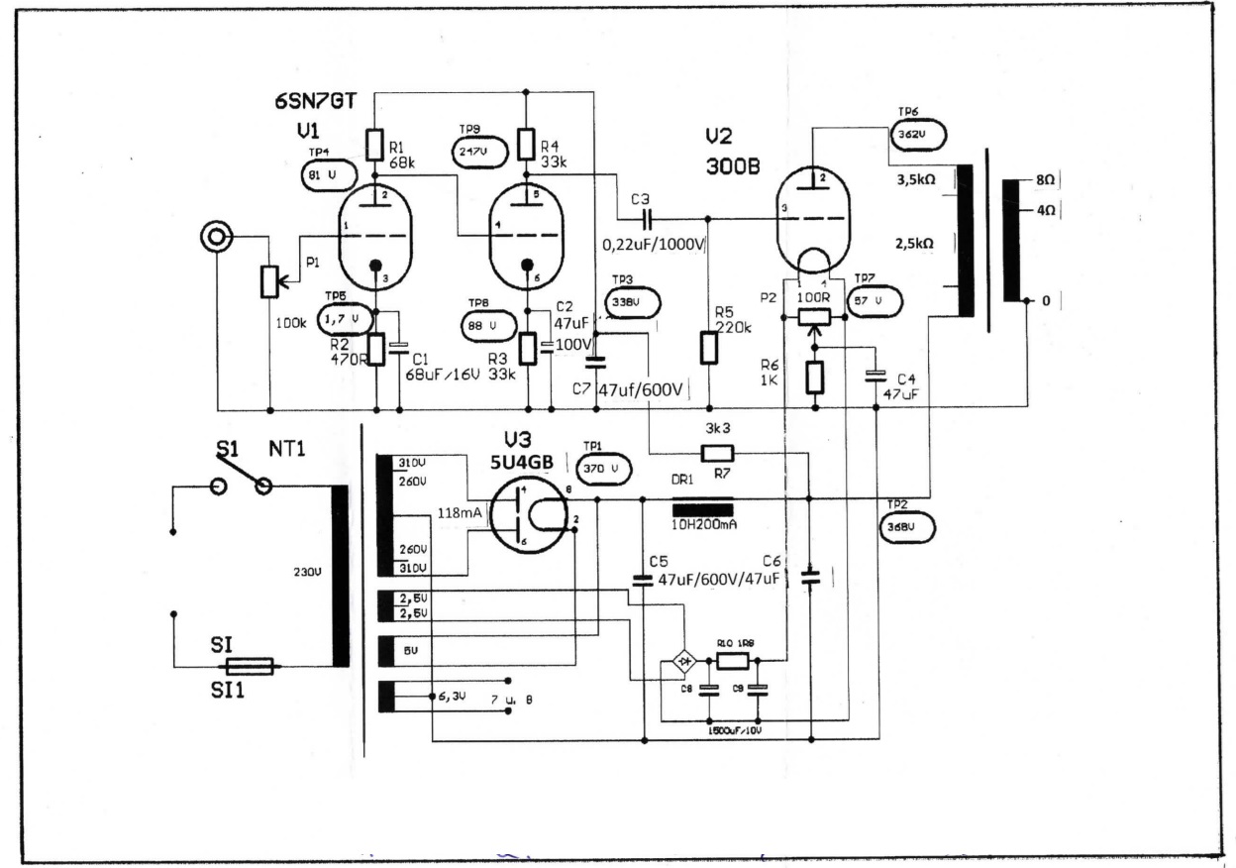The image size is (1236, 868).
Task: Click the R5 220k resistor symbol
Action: tap(709, 348)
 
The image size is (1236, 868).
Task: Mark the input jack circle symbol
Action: tap(216, 238)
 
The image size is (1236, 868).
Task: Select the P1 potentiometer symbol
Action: tap(268, 281)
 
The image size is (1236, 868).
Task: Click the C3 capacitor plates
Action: tap(647, 218)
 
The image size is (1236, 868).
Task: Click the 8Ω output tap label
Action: tap(1044, 181)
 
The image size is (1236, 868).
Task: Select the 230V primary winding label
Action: tap(307, 573)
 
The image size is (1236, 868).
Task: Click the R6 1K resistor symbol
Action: tap(814, 379)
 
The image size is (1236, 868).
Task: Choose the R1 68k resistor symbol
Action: tap(374, 146)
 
